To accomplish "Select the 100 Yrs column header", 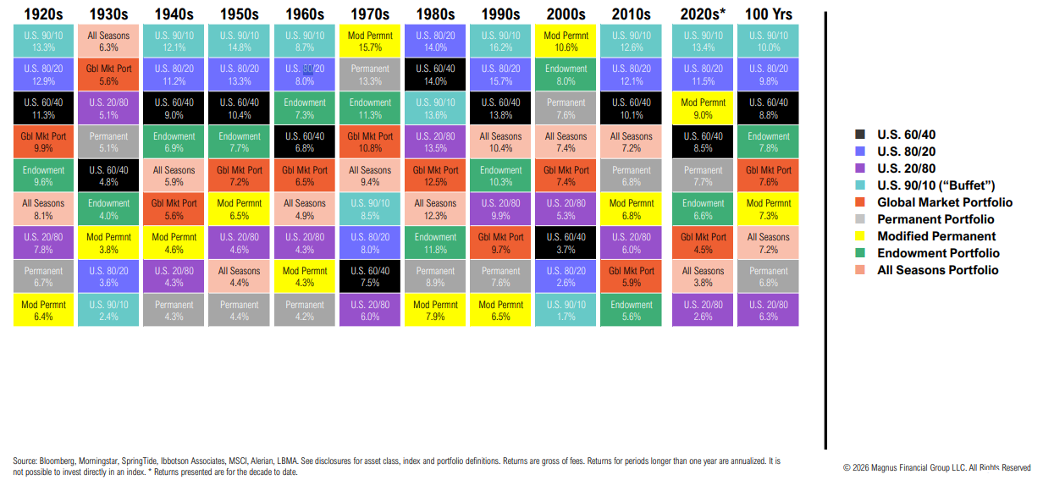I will coord(768,14).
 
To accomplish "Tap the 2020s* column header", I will coord(702,14).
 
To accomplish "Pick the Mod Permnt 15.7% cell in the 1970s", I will coord(370,42).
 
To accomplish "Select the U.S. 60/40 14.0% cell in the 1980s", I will coord(435,76).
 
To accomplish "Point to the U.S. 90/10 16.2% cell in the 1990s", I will coord(500,42).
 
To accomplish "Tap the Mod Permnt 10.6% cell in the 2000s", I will coord(566,42).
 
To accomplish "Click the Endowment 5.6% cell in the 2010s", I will coord(632,311).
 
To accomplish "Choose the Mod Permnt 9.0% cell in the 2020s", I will coord(704,109).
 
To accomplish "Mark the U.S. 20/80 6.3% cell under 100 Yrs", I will coord(769,311).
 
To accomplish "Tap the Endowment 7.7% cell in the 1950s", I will coord(240,142).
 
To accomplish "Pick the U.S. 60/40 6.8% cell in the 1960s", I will coord(305,142).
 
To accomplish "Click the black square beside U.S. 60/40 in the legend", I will coord(859,135).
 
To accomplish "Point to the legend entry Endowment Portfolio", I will coord(938,253).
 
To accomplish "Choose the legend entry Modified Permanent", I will coord(936,236).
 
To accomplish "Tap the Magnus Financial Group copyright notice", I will coord(936,467).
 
